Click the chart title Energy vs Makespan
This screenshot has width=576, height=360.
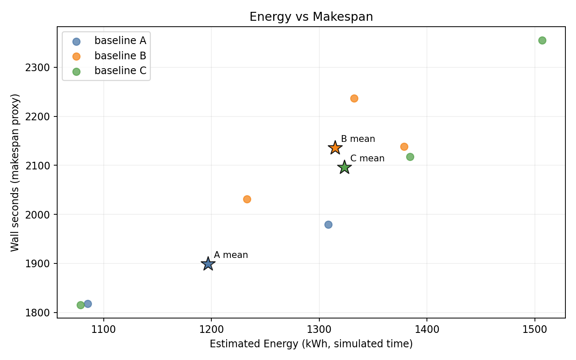tap(311, 17)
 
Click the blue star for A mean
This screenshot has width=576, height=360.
tap(208, 264)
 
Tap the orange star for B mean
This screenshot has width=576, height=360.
tap(335, 148)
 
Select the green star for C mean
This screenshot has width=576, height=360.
tap(344, 167)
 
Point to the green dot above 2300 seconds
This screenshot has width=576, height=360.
tap(542, 40)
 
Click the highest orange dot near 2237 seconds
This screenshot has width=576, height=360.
tap(354, 98)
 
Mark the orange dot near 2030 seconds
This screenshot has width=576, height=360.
tap(247, 199)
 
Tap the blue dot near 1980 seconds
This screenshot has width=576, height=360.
tap(328, 224)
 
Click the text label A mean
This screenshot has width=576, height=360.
tap(231, 255)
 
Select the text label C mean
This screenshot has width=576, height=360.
tap(367, 158)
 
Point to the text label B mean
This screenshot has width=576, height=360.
tap(358, 139)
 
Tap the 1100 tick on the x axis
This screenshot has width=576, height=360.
tap(103, 328)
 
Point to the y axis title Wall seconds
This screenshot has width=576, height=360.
tap(15, 172)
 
